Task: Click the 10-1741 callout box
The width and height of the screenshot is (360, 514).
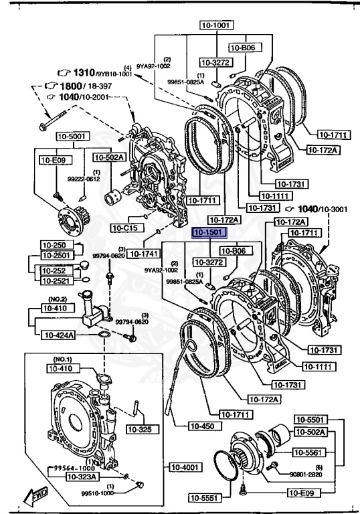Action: pos(141,254)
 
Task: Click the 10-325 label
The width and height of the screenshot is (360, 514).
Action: pos(139,429)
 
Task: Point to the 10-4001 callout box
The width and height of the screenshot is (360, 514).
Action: pos(184,467)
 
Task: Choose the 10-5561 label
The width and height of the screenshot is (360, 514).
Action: pos(309,452)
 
